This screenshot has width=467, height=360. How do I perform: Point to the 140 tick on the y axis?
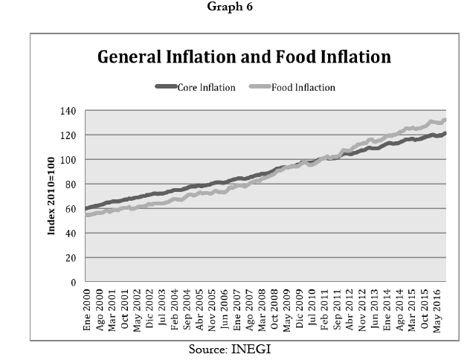pos(70,111)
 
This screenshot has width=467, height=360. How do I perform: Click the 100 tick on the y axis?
pos(70,160)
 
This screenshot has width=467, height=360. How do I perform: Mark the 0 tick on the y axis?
pos(74,283)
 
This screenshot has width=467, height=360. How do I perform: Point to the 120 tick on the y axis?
pos(70,135)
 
